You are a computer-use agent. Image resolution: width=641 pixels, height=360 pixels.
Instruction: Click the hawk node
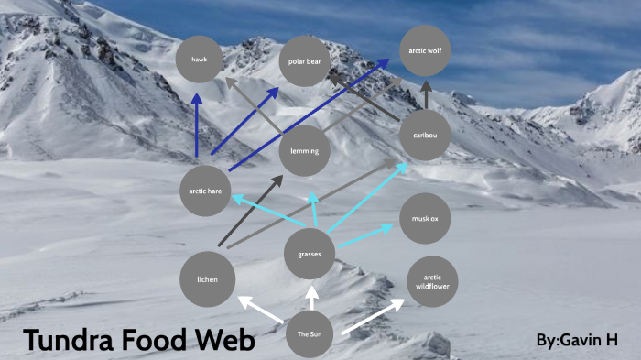coord(201,60)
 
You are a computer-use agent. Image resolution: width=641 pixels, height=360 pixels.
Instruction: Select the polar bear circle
coord(304,61)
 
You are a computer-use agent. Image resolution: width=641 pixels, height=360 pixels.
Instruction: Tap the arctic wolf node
coord(425,51)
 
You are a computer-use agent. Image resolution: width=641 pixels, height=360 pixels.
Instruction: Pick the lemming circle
coord(304,151)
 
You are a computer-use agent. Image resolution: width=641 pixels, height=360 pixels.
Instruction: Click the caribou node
coord(425,136)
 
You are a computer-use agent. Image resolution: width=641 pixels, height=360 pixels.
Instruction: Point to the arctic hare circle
coord(205,191)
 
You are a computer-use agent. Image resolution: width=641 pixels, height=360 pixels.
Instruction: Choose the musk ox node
coord(425,219)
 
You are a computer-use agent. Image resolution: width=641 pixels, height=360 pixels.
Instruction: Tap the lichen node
coord(207,278)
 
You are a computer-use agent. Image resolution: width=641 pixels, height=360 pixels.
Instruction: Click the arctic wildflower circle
coord(431,281)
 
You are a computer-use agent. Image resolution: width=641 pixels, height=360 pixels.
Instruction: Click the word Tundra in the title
coord(70,341)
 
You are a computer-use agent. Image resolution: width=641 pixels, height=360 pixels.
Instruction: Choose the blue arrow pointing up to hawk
coord(197,124)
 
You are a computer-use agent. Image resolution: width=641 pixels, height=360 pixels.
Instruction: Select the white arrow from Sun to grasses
coord(312,298)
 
